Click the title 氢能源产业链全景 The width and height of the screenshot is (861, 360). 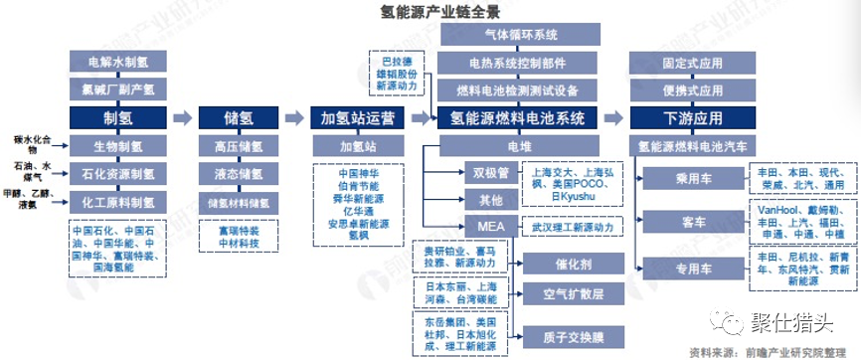pos(430,13)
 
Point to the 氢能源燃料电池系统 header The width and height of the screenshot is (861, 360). pos(518,117)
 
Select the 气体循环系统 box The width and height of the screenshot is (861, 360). pos(518,36)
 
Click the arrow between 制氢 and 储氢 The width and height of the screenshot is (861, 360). pos(182,117)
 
